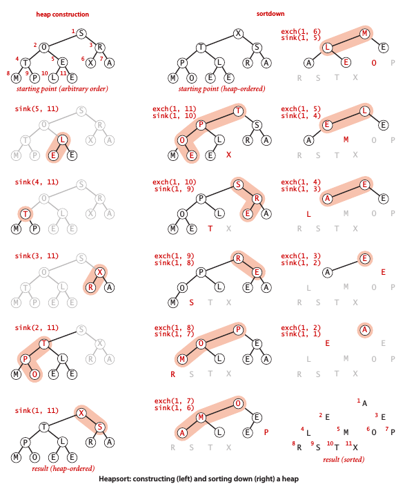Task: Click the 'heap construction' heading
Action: (x=63, y=15)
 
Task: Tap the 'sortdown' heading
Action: (x=270, y=14)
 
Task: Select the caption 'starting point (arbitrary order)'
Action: (x=62, y=89)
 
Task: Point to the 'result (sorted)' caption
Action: (x=344, y=460)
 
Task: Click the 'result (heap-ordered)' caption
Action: (x=63, y=468)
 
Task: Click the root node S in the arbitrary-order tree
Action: (x=81, y=34)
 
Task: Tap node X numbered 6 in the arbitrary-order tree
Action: (x=90, y=63)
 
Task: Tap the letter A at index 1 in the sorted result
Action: (x=365, y=403)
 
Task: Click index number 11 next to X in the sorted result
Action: (x=348, y=443)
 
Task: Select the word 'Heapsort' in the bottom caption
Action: (x=112, y=479)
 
